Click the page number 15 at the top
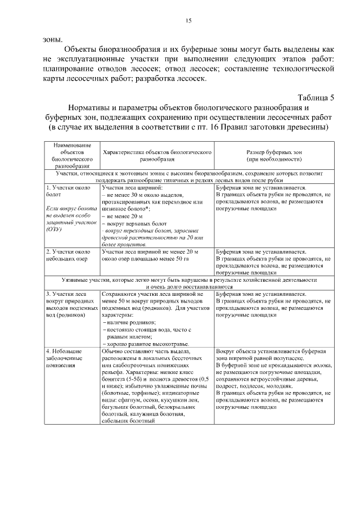(188, 21)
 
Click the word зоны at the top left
(52, 40)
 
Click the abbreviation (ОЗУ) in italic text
(54, 229)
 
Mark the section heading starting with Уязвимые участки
(188, 279)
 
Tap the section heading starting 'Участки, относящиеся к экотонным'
(188, 175)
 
